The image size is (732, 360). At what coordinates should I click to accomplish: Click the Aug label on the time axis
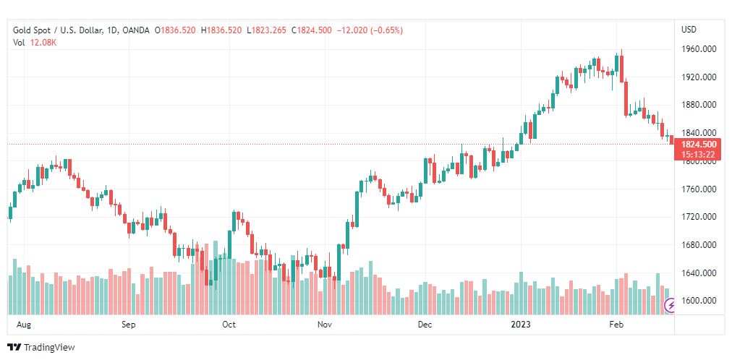pyautogui.click(x=23, y=325)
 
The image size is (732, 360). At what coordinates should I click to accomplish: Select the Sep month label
pyautogui.click(x=129, y=325)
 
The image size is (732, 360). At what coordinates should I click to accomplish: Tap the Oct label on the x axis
pyautogui.click(x=229, y=325)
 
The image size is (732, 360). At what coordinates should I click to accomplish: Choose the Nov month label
pyautogui.click(x=324, y=325)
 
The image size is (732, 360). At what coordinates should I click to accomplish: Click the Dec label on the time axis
pyautogui.click(x=425, y=325)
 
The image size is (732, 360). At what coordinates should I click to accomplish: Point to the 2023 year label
pyautogui.click(x=521, y=325)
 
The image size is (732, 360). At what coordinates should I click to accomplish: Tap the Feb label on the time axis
pyautogui.click(x=616, y=325)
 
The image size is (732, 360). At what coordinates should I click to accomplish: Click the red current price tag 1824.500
pyautogui.click(x=699, y=145)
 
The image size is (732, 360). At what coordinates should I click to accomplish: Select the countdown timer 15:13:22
pyautogui.click(x=699, y=154)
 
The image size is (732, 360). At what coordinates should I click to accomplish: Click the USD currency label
pyautogui.click(x=689, y=30)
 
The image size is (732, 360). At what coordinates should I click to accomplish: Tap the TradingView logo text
pyautogui.click(x=49, y=348)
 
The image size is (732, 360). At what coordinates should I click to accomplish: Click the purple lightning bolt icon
pyautogui.click(x=671, y=307)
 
